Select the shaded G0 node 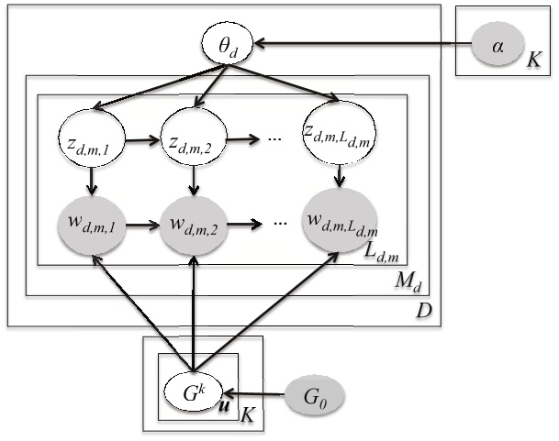318,398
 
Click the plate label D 423,313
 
